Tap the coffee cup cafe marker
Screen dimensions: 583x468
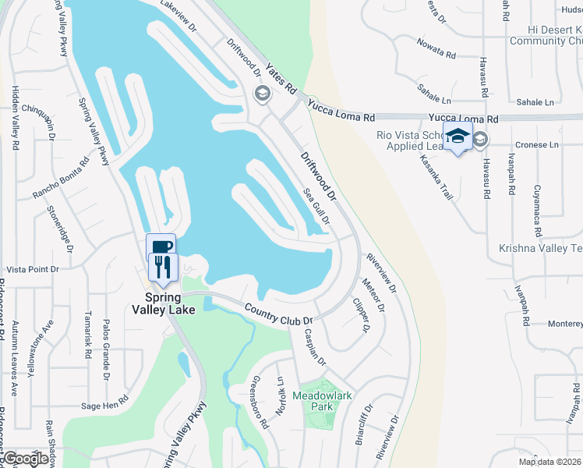pyautogui.click(x=161, y=247)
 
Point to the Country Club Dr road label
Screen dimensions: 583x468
pyautogui.click(x=278, y=314)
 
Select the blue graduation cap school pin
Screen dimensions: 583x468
pyautogui.click(x=458, y=136)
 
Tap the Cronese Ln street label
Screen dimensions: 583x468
pyautogui.click(x=538, y=145)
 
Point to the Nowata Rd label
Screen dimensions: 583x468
pyautogui.click(x=436, y=48)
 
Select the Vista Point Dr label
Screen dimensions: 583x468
pyautogui.click(x=33, y=269)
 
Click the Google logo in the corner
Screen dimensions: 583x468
pyautogui.click(x=26, y=459)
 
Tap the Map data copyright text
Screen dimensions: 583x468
pyautogui.click(x=549, y=462)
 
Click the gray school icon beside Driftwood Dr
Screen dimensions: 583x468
pyautogui.click(x=262, y=95)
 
